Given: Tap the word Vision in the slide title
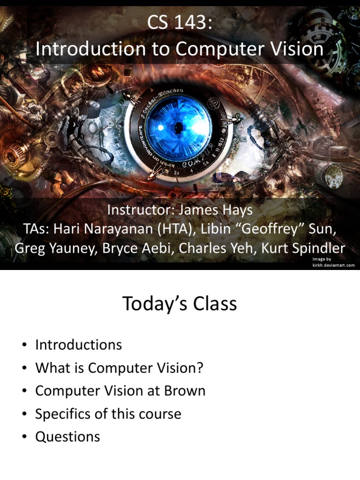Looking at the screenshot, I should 297,49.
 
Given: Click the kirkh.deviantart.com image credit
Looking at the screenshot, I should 333,265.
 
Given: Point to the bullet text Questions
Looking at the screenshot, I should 67,437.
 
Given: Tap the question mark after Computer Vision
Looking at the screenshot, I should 200,368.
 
